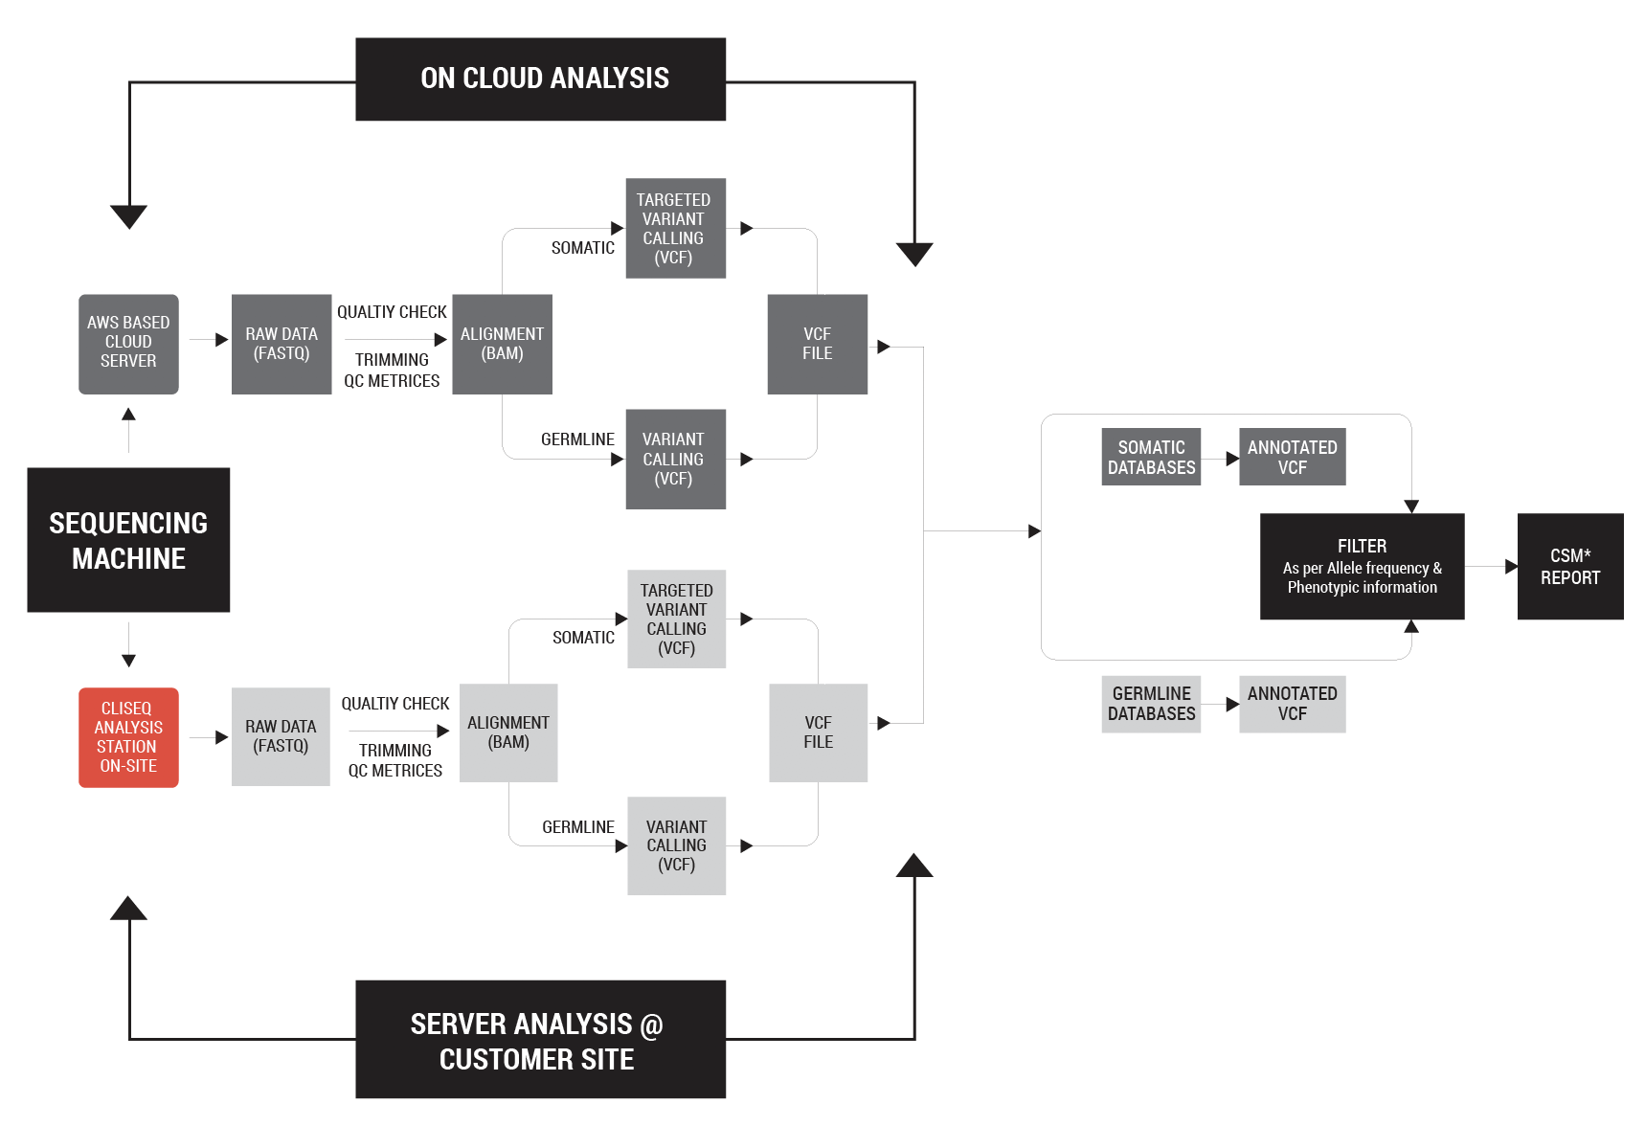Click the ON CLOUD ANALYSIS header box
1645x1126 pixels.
(x=540, y=79)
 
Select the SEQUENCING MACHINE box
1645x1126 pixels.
(x=128, y=540)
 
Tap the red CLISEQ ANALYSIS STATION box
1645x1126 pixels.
(x=128, y=737)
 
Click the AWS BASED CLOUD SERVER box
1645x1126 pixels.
(x=128, y=344)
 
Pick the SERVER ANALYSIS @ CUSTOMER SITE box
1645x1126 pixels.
(x=540, y=1039)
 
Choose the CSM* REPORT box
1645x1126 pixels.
(x=1569, y=567)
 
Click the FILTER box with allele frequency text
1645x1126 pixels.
(x=1362, y=567)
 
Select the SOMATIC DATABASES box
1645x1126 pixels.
(x=1151, y=457)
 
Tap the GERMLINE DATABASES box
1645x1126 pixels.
(x=1151, y=704)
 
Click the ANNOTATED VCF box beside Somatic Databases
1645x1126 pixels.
(x=1292, y=457)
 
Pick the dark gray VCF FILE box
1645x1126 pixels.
(x=817, y=344)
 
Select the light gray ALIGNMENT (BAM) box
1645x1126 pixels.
(x=508, y=732)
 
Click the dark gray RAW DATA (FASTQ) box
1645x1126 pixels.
(x=282, y=344)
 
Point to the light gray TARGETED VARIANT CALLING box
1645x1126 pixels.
(x=676, y=619)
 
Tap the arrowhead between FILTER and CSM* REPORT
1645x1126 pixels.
(x=1511, y=567)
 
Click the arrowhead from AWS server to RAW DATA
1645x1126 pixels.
(x=222, y=340)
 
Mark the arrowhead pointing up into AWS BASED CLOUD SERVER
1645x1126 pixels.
(x=128, y=415)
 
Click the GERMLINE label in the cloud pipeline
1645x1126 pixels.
(x=577, y=439)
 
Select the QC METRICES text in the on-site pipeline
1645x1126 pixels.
(x=394, y=771)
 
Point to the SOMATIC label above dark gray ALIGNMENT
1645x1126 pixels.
(x=582, y=248)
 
